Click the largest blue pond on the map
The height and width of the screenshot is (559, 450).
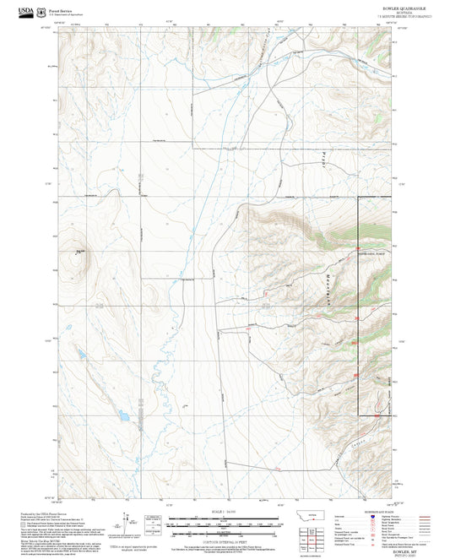(x=122, y=416)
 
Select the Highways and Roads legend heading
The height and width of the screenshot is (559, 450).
(x=374, y=511)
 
